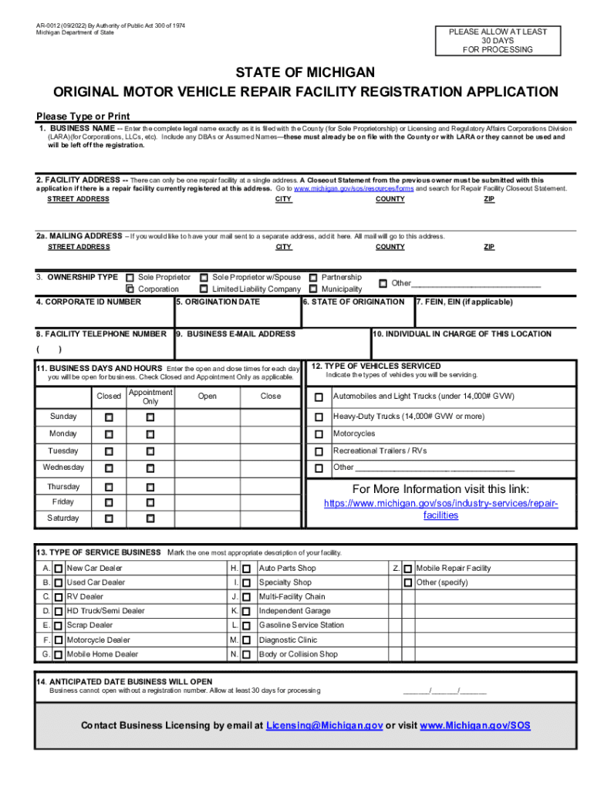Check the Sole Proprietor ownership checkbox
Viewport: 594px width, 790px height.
[x=130, y=278]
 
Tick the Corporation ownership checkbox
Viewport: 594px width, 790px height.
[x=130, y=289]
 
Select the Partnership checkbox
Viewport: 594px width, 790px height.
[x=313, y=278]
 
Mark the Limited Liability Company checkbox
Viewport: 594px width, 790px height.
[x=204, y=289]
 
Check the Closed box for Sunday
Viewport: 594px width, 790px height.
[x=109, y=417]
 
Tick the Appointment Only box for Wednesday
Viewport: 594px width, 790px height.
[x=150, y=468]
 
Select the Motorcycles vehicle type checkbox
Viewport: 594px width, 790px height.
[x=319, y=434]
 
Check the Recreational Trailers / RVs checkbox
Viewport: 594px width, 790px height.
[x=319, y=451]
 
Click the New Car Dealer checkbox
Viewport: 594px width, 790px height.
[x=59, y=569]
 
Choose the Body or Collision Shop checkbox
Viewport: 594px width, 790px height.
[x=246, y=654]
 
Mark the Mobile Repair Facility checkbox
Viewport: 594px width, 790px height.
[x=407, y=569]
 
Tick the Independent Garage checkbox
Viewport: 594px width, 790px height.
[x=246, y=611]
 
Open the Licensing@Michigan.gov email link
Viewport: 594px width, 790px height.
[x=324, y=726]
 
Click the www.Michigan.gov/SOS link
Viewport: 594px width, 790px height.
[x=474, y=726]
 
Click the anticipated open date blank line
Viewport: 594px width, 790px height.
[x=444, y=690]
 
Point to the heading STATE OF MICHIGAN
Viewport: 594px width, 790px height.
[x=297, y=73]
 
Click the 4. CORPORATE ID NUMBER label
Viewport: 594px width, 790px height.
[x=89, y=302]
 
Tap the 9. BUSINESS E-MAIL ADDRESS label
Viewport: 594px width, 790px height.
[x=235, y=334]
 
